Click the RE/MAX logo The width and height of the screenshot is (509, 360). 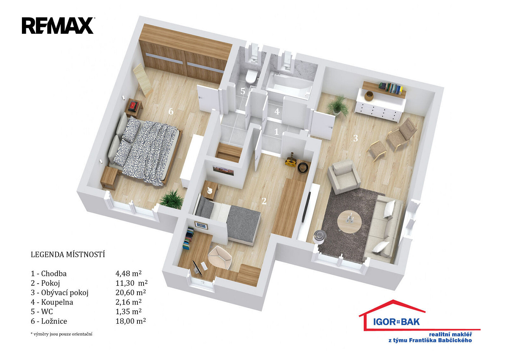58,26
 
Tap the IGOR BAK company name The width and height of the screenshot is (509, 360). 396,321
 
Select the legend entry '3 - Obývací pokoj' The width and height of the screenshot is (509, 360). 60,293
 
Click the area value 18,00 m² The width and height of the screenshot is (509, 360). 131,321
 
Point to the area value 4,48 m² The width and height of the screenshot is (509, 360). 128,273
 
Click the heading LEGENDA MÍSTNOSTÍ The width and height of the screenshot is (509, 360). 68,255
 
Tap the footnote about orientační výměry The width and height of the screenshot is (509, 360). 62,334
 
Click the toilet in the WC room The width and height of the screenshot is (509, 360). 251,76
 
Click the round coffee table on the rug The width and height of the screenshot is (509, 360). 350,221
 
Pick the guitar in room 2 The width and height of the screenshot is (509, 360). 291,160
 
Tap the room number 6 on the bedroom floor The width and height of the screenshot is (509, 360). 171,112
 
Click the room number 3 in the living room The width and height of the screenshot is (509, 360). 356,138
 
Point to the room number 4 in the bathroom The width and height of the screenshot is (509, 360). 277,112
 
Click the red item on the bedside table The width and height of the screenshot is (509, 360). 133,105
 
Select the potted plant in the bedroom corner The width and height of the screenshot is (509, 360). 172,199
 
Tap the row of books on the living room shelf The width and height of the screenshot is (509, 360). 391,88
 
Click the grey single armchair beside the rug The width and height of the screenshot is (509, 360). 344,176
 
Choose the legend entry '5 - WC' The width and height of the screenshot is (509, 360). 42,311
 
